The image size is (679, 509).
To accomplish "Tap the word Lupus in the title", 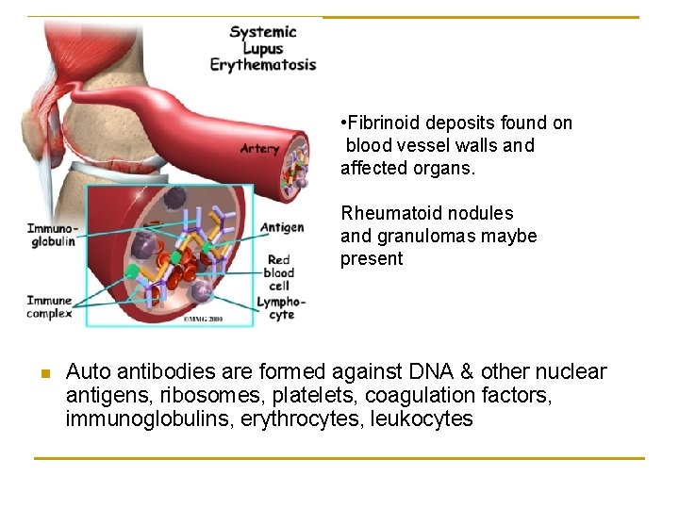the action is pos(262,48).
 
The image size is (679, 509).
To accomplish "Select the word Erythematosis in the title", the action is pos(262,65).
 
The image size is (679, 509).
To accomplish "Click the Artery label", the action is pos(259,148).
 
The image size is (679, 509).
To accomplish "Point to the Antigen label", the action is pos(282,227).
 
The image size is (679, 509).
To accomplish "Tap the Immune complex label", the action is pos(49,307).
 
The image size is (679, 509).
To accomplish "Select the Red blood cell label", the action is pos(279,272).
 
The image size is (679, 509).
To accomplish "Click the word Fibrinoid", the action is pos(385,123).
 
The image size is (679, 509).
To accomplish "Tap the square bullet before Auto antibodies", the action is pos(43,373).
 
